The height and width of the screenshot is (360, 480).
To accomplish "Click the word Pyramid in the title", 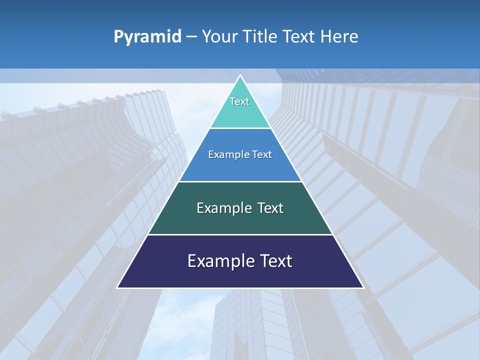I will pos(147,37).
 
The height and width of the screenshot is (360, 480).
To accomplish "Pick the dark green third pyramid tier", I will pos(240,220).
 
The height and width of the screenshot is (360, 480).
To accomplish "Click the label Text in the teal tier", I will pos(239,101).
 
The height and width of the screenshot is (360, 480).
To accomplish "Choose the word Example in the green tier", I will pos(223,208).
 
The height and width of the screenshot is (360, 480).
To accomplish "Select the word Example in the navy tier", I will pos(220,261).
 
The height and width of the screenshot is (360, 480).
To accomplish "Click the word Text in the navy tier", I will pos(275,261).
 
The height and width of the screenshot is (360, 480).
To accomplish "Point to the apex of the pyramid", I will pos(240,76).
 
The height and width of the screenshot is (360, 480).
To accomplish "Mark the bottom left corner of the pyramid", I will pos(118,287).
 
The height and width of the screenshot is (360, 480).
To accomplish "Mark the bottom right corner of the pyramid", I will pos(362,287).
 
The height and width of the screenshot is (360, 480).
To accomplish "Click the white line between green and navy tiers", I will pos(240,234).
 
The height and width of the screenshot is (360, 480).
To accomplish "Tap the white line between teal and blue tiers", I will pos(240,128).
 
